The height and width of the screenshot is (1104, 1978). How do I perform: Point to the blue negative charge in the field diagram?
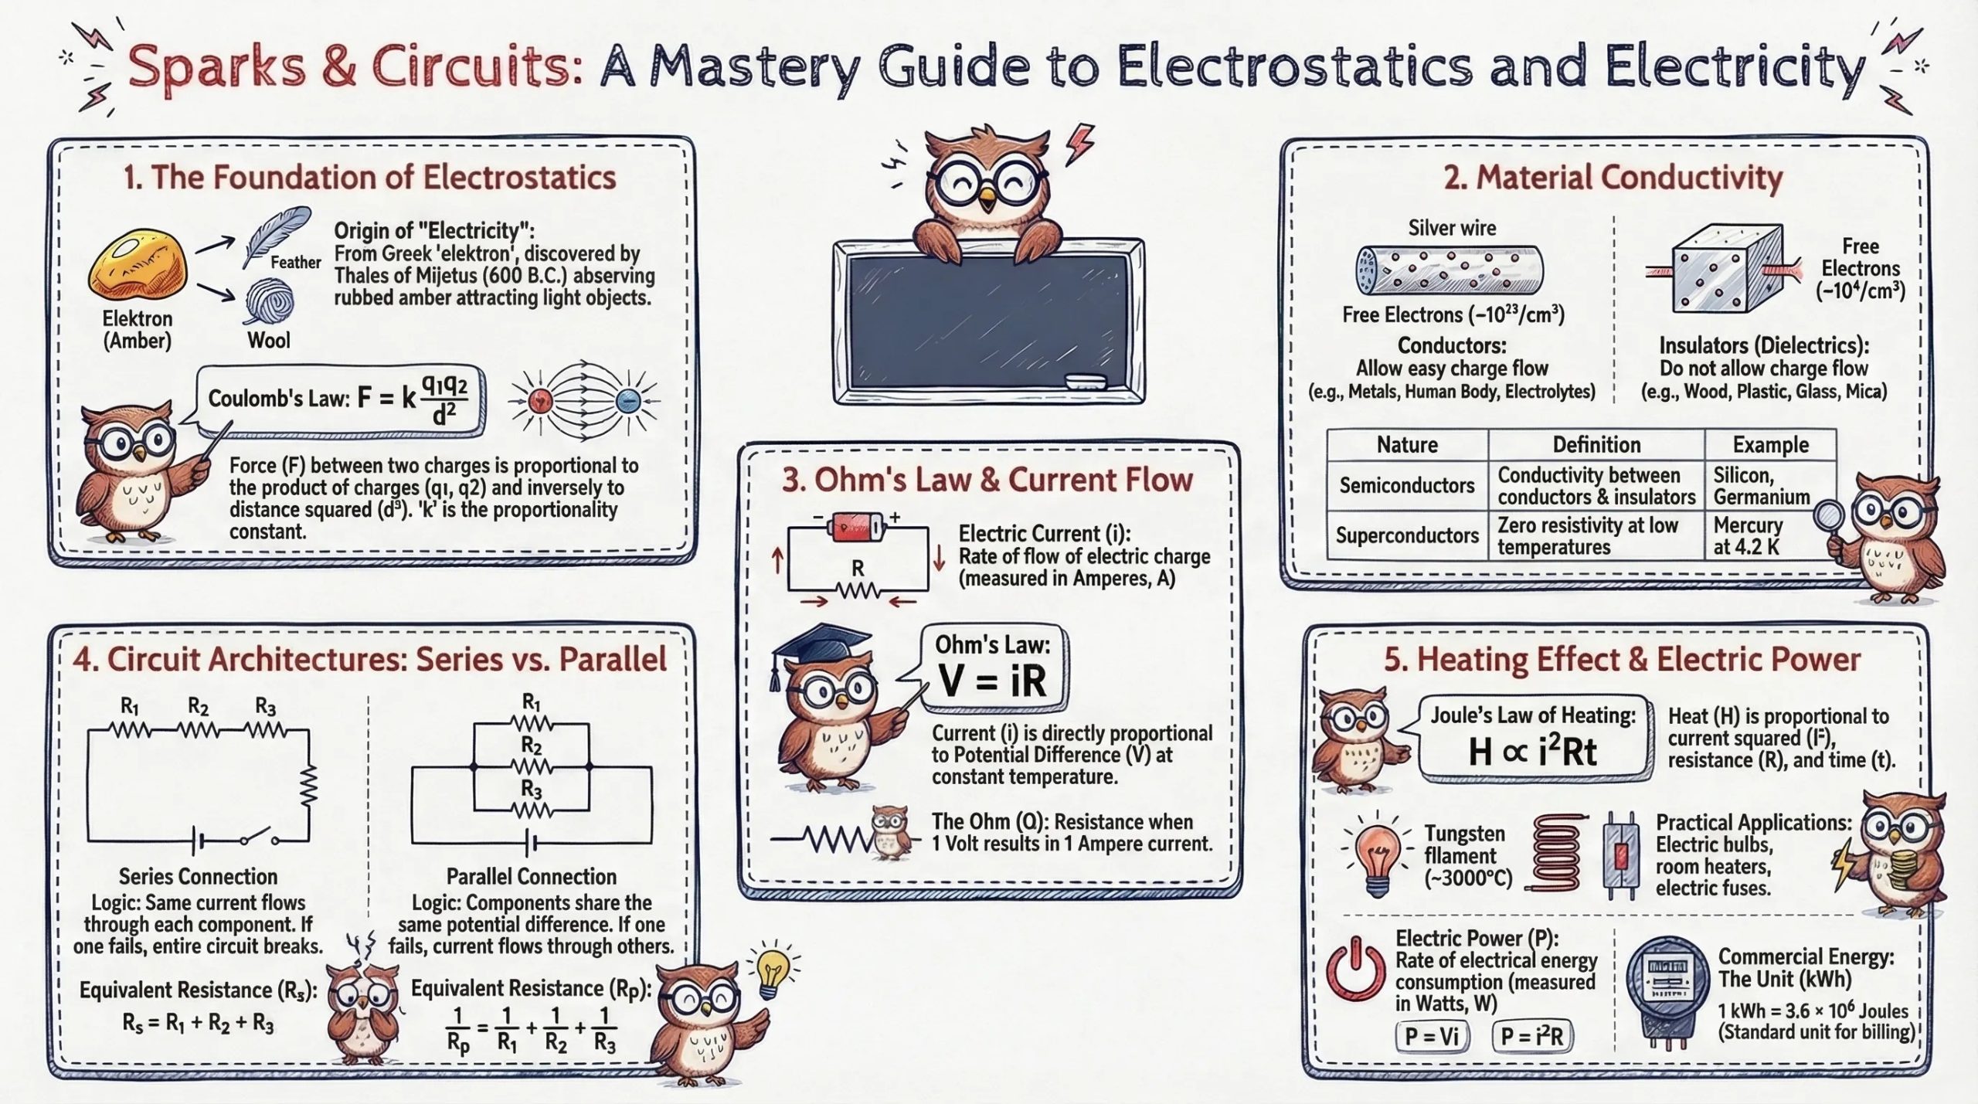(x=627, y=400)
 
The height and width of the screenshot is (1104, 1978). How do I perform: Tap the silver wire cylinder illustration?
(x=1450, y=270)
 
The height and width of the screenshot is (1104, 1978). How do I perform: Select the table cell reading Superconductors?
(x=1407, y=535)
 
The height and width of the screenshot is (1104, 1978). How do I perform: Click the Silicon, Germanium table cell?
(x=1762, y=485)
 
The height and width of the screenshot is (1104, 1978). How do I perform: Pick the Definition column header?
(x=1596, y=445)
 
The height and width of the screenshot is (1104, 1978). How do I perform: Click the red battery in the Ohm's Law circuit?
(x=855, y=529)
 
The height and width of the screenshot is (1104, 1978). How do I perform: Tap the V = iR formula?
(x=993, y=680)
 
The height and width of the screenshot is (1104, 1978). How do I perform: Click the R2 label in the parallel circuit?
(x=531, y=746)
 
